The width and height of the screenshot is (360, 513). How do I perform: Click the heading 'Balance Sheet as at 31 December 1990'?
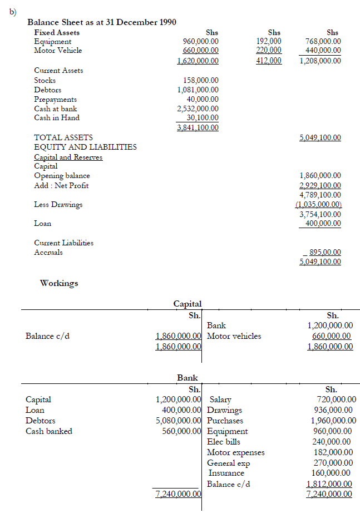point(102,22)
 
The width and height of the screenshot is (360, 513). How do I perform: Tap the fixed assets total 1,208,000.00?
point(320,61)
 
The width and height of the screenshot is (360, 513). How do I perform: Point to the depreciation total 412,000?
point(269,61)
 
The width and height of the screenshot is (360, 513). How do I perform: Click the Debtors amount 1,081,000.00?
point(198,90)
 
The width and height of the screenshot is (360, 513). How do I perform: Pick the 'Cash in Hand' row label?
point(57,117)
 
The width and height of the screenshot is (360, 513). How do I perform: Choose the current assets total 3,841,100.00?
point(198,127)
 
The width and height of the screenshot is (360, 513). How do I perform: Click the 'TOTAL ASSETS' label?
point(63,137)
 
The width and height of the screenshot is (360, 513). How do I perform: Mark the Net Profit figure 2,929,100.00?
point(320,185)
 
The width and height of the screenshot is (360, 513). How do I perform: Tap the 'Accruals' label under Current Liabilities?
point(48,252)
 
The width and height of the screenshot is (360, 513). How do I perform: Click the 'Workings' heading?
point(59,283)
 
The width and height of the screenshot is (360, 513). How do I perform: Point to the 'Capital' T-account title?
point(188,304)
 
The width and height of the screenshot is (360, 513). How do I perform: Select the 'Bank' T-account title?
point(188,378)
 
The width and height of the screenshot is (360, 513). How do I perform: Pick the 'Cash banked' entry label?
point(49,431)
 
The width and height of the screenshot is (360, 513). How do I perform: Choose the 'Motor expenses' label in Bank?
point(235,452)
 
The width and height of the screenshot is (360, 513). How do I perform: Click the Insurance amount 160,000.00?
point(333,473)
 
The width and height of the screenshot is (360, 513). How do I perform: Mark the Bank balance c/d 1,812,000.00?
point(331,484)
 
